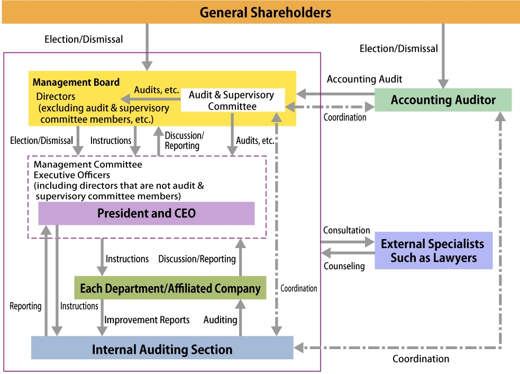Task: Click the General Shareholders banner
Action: point(260,12)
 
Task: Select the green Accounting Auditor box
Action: point(443,100)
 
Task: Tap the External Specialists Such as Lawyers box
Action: point(433,251)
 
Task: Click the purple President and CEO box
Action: point(147,213)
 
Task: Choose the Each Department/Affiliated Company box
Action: point(170,288)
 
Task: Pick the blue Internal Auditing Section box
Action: point(162,349)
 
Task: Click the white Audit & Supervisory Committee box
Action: point(232,101)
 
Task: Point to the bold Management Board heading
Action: point(76,83)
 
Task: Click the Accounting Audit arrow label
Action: point(364,79)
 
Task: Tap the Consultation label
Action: point(346,230)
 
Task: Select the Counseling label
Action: point(344,266)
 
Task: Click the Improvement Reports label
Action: point(147,320)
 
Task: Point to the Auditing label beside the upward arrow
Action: point(220,320)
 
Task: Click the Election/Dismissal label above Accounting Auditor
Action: point(398,49)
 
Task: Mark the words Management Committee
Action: point(88,165)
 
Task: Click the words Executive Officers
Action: point(72,175)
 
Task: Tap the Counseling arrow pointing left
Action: point(347,253)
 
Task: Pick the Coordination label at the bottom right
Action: point(421,359)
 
